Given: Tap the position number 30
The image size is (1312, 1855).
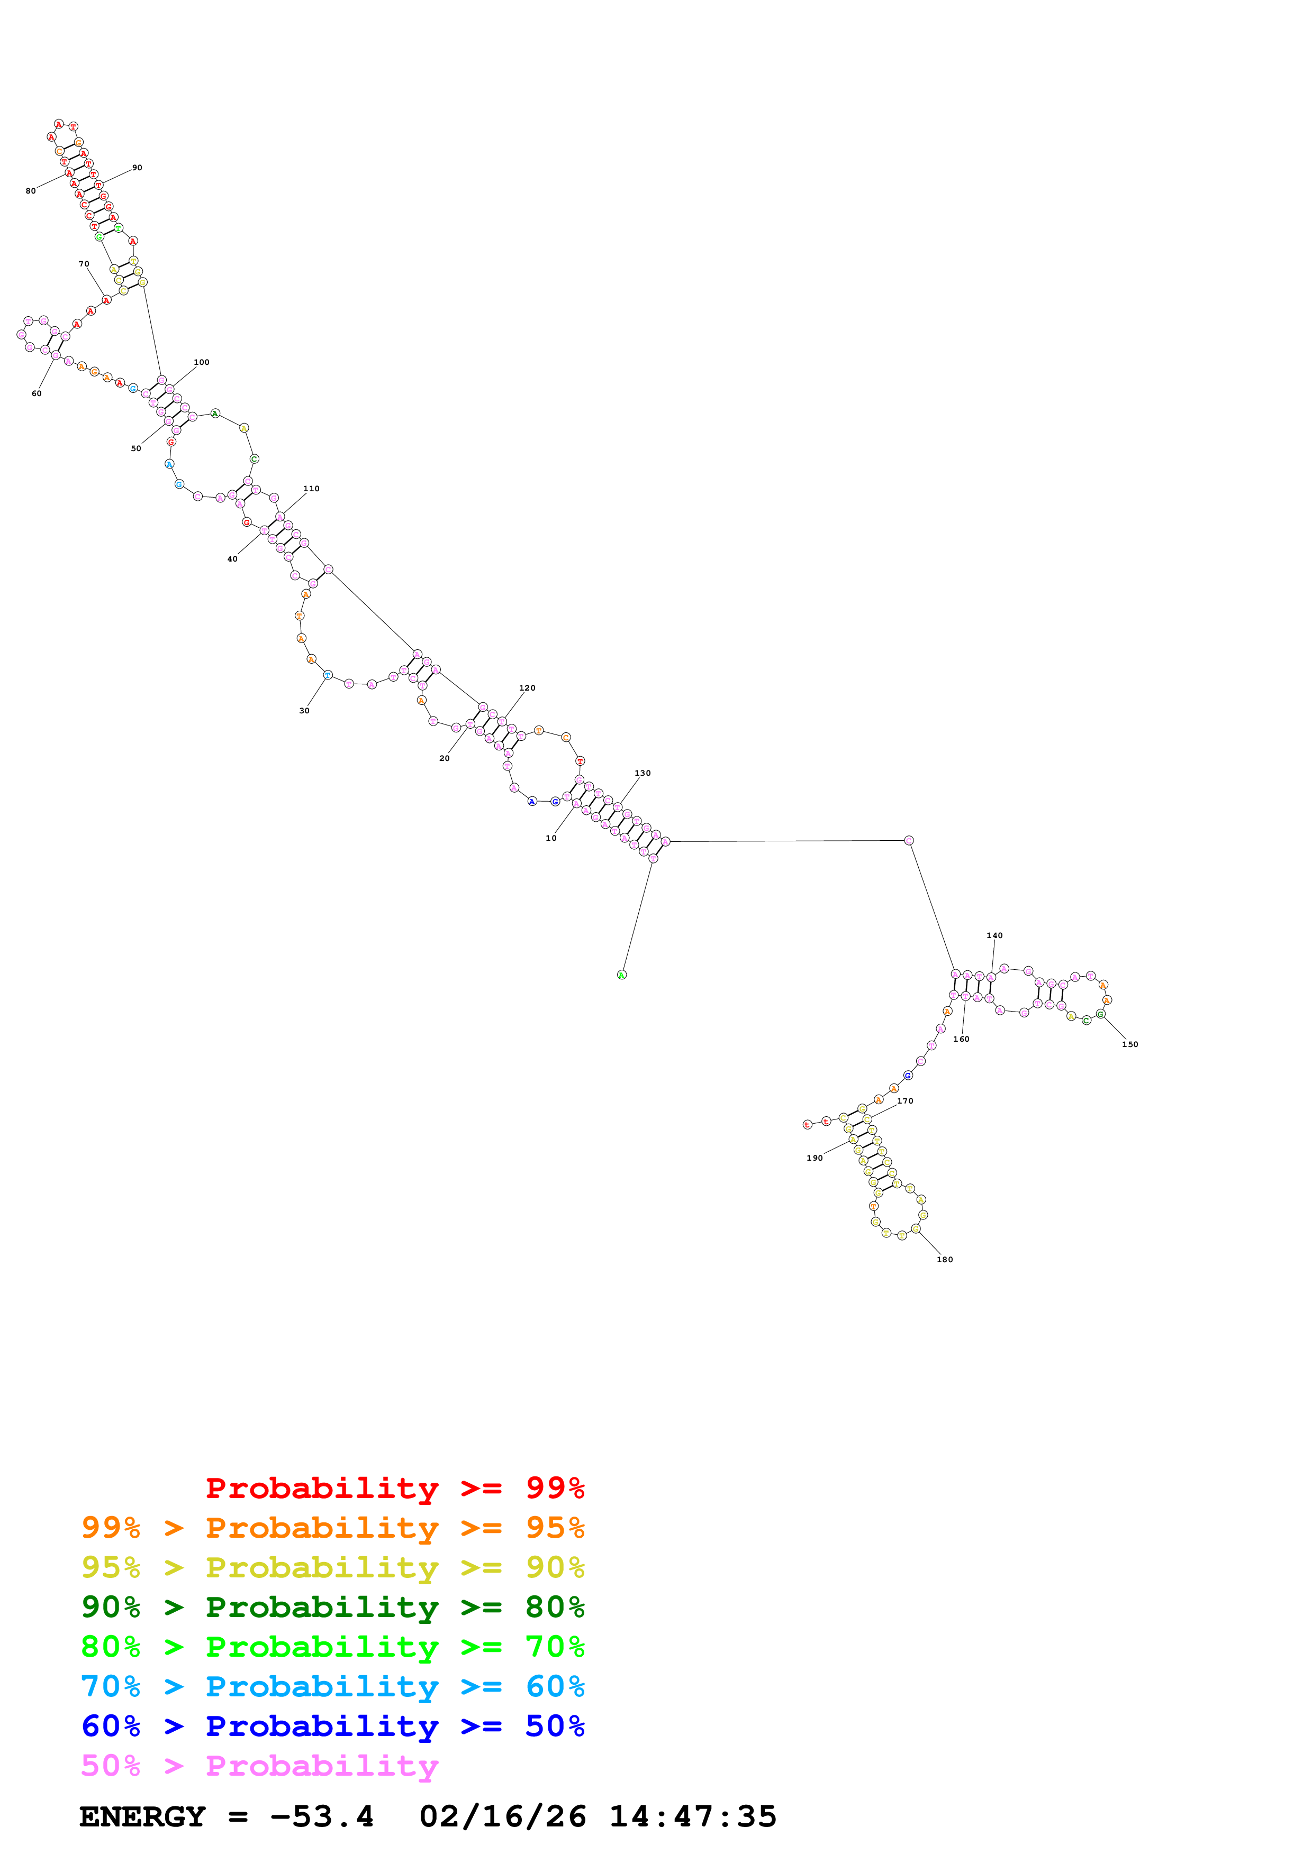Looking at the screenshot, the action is coord(304,711).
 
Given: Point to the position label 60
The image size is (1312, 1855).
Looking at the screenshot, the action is coord(37,393).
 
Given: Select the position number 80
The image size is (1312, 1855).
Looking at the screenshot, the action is coord(31,191).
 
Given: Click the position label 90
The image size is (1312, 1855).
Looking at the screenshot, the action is coord(138,168).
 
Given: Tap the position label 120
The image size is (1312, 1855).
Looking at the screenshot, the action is coord(527,688).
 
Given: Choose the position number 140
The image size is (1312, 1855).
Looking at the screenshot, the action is coord(994,935).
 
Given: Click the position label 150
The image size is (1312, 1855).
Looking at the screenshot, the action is coord(1129,1045).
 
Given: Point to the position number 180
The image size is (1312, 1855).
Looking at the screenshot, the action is coord(944,1260).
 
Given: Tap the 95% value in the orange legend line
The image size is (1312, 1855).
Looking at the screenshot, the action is coord(555,1528).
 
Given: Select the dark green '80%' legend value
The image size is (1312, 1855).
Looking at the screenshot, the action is coord(555,1607).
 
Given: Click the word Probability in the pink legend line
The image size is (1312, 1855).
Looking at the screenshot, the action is coord(322,1766).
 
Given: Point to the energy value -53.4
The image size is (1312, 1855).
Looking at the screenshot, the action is coord(322,1817).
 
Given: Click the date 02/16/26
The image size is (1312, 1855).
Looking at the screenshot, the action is coord(502,1817).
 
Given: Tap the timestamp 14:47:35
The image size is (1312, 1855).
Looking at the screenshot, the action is coord(692,1817).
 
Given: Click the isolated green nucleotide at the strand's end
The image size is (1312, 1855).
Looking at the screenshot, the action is coord(622,975).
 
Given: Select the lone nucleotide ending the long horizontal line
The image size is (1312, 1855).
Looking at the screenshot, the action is coord(909,840).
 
